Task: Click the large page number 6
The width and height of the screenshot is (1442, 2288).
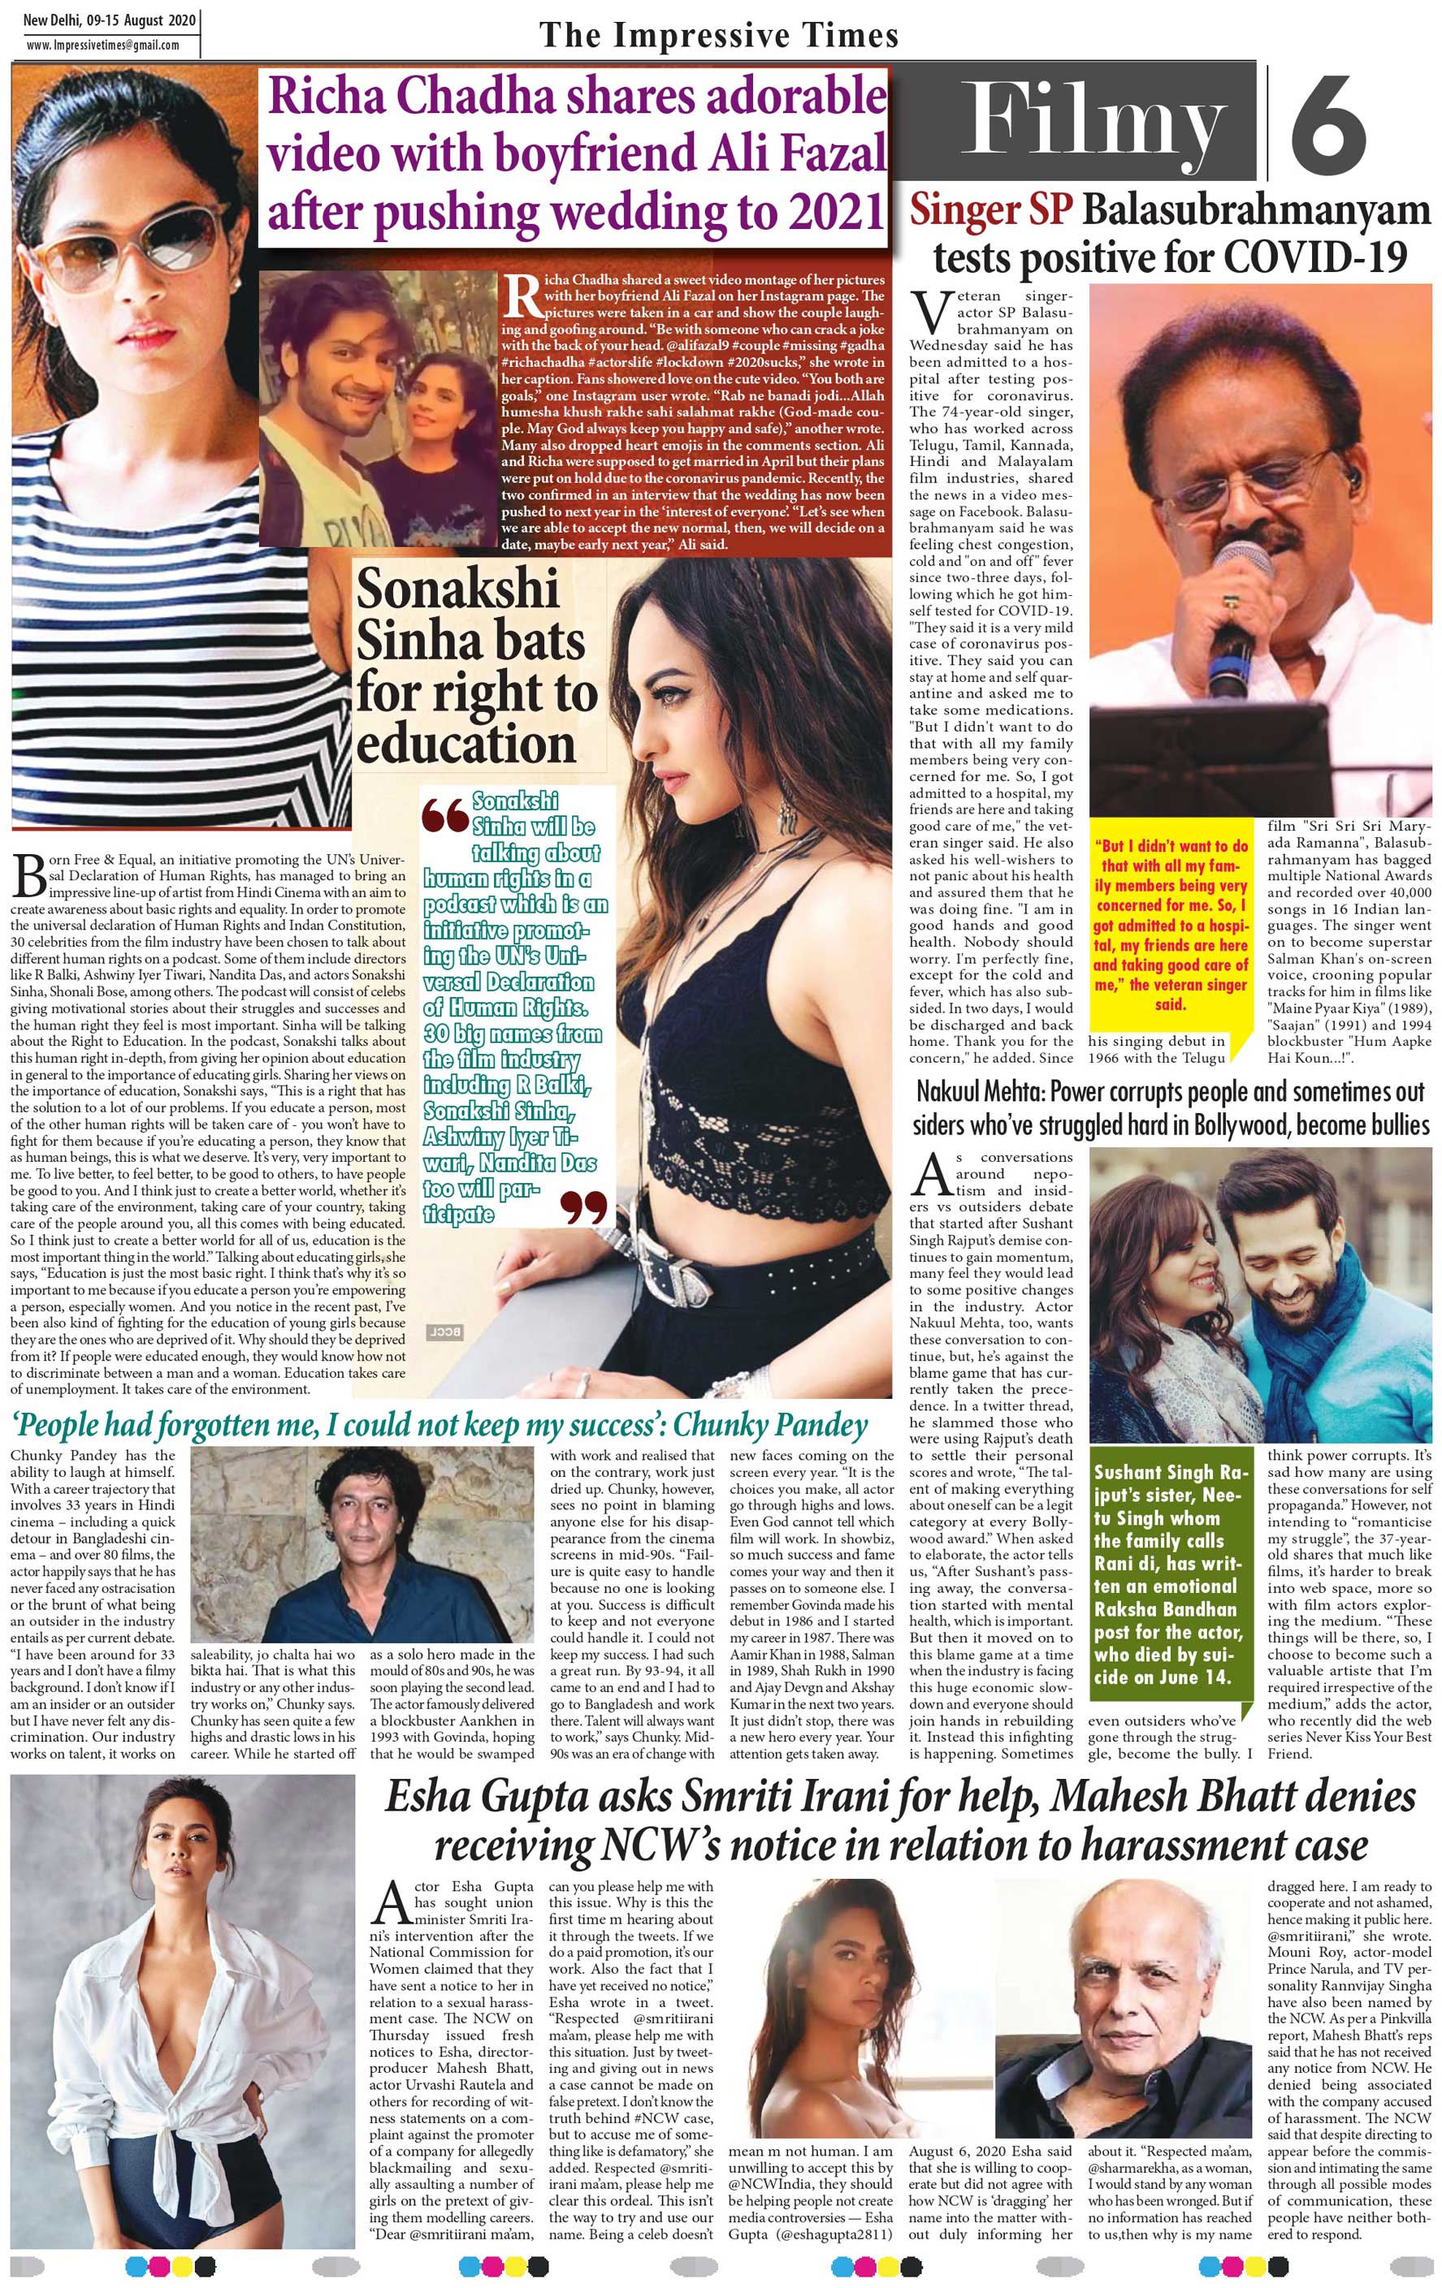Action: [1329, 124]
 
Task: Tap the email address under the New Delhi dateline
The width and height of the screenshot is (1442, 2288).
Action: [102, 45]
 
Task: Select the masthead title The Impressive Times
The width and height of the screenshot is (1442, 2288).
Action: [719, 36]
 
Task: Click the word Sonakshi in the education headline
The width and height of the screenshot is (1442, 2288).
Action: [457, 589]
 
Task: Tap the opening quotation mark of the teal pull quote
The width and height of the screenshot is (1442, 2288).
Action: [445, 816]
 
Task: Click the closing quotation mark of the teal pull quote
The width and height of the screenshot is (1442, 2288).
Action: [582, 1206]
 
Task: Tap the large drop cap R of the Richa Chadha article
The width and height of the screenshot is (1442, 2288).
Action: [521, 296]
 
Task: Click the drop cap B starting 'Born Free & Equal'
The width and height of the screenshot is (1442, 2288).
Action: [29, 875]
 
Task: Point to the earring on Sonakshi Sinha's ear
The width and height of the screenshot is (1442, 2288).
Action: [787, 814]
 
